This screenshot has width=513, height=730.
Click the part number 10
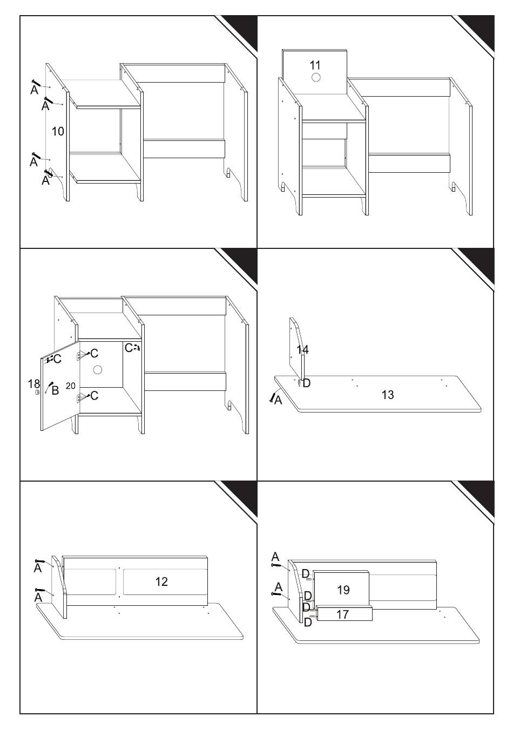click(58, 132)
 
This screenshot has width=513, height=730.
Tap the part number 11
click(315, 65)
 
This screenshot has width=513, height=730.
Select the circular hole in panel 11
click(315, 78)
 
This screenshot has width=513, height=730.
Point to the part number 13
click(388, 395)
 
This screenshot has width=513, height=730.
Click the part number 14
click(302, 350)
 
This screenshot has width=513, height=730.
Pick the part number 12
click(161, 582)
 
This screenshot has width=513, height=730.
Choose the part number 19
click(343, 590)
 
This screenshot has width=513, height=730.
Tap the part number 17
click(342, 614)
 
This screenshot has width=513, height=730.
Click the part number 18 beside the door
click(34, 383)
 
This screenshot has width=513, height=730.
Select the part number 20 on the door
click(70, 386)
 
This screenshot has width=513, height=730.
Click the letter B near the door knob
click(55, 390)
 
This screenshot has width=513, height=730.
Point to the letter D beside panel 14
click(306, 383)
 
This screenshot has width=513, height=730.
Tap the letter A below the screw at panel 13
click(278, 400)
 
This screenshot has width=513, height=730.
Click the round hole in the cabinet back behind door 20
click(97, 369)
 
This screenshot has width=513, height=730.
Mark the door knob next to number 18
click(38, 393)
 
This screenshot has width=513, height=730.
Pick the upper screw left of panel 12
click(39, 561)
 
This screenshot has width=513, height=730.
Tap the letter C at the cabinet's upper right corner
click(129, 348)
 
